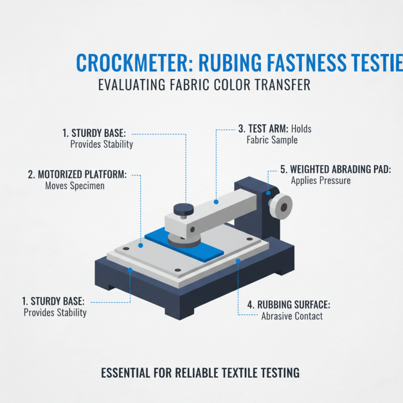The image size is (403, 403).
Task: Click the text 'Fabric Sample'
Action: coord(272,140)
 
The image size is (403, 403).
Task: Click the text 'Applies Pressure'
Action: coord(320,180)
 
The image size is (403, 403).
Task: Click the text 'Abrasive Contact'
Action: coord(292,316)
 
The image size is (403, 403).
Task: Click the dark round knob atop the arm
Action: coord(181,209)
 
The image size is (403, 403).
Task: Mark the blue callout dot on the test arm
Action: coord(216,201)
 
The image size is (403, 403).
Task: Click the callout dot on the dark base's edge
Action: coord(130,271)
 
